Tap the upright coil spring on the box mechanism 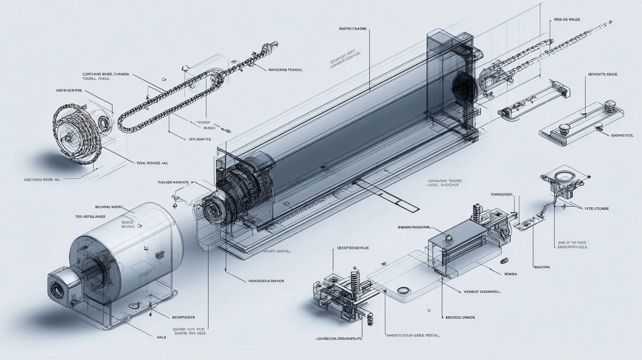tap(476, 212)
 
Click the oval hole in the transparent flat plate tap(403, 290)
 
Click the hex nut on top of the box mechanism tap(449, 239)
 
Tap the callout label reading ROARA tap(511, 274)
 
